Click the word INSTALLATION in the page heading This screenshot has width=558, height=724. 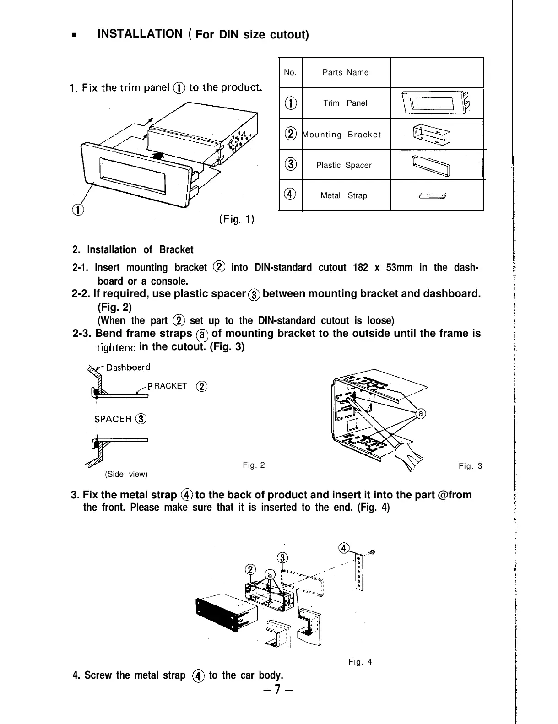(140, 34)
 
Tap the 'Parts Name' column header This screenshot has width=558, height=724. (345, 72)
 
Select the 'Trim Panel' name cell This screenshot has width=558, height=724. (345, 103)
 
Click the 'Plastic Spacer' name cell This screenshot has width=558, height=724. (344, 165)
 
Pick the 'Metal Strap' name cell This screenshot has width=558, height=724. (344, 195)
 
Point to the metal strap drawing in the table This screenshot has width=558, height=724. (433, 196)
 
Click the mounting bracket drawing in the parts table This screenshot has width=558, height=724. (432, 135)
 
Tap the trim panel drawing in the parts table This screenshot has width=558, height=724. (435, 103)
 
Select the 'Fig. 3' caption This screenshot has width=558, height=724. (471, 466)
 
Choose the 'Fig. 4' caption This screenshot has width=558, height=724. (360, 661)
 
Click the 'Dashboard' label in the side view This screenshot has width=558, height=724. (128, 367)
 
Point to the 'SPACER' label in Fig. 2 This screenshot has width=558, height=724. (113, 419)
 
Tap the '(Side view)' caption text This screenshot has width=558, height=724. (126, 474)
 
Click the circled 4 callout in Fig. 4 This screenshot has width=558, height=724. (343, 548)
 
